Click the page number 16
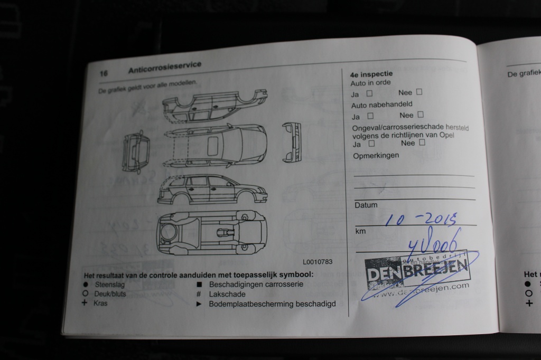(104, 73)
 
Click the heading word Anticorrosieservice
(164, 68)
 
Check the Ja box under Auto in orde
(369, 93)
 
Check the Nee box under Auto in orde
(419, 92)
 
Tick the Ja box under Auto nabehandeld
(370, 115)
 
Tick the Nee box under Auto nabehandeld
(421, 114)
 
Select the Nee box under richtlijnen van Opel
(422, 142)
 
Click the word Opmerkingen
(376, 155)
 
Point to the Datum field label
(366, 205)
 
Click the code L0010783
(318, 261)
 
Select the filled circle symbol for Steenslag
(85, 285)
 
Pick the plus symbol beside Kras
(85, 303)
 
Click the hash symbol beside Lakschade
(198, 294)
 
